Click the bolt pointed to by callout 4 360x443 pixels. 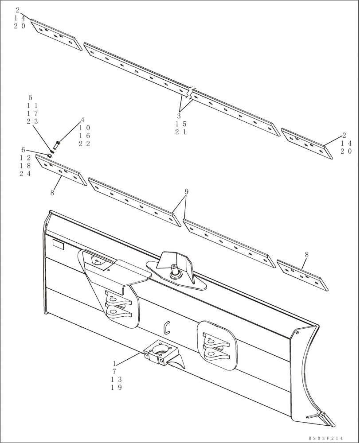tap(56, 144)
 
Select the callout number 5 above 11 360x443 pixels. tap(30, 97)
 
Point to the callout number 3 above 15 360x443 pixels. tap(179, 116)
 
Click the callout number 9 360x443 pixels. tap(187, 191)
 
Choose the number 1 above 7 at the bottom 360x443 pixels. tap(114, 363)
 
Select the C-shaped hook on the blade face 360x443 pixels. tap(167, 326)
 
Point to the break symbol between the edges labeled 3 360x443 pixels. tap(190, 93)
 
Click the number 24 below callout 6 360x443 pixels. tap(25, 174)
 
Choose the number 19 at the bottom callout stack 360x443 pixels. tap(116, 387)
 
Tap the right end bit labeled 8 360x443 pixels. tap(302, 276)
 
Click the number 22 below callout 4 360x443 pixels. tap(84, 144)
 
